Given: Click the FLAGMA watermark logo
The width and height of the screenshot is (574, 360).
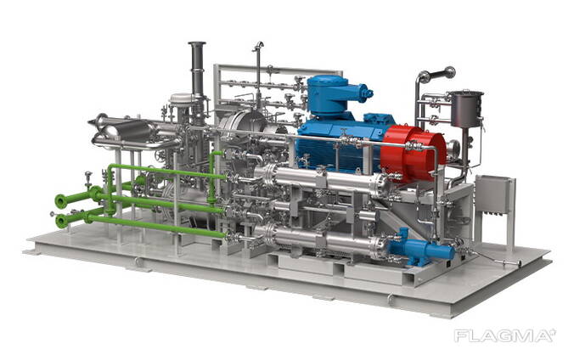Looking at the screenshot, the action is point(505,335).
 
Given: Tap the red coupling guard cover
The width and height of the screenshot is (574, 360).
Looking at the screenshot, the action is point(414,153).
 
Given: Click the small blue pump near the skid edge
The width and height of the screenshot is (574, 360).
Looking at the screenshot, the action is point(421,248).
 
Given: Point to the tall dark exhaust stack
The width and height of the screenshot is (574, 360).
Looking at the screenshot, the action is point(197,69).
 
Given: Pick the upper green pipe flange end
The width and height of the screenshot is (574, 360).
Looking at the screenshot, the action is point(61,200).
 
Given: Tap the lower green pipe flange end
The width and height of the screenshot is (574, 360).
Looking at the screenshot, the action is point(62,222).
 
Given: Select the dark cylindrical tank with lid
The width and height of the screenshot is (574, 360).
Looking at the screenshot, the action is point(467,109).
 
